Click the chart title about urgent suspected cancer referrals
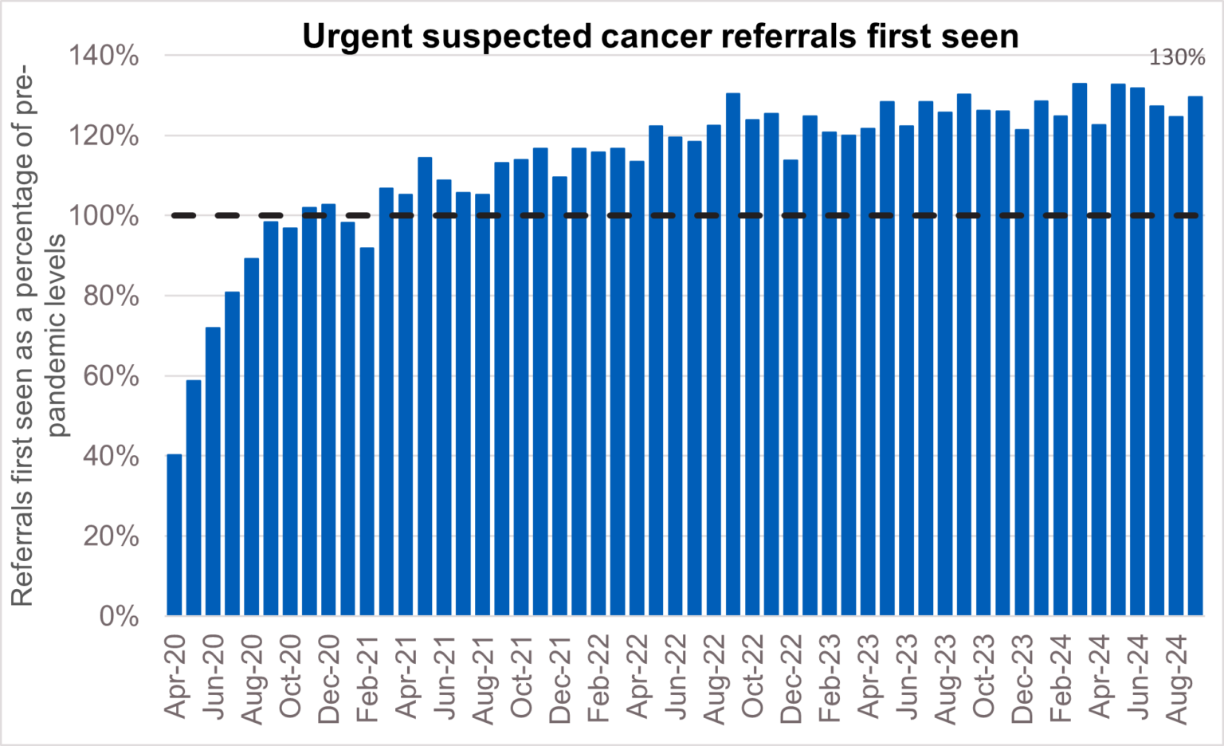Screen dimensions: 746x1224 (x=660, y=37)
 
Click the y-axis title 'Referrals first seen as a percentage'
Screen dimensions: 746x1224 (x=22, y=335)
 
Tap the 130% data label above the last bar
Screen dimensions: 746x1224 (x=1176, y=57)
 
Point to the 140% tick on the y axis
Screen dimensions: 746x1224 (x=104, y=56)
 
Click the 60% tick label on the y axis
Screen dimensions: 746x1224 (x=110, y=376)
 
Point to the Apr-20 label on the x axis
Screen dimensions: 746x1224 (x=175, y=677)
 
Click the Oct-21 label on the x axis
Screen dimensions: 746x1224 (x=522, y=677)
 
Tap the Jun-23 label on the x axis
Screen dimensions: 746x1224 (x=908, y=677)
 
